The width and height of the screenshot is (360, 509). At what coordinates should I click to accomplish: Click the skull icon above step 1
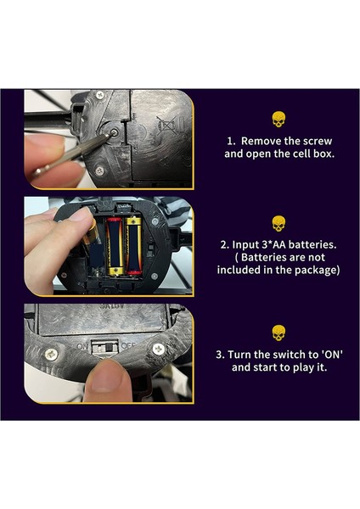coord(278,120)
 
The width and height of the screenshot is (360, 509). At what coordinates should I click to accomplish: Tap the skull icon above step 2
coord(278,224)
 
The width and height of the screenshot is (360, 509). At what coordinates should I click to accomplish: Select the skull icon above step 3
coord(278,333)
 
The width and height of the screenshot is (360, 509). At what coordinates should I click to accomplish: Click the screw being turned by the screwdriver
coord(114,132)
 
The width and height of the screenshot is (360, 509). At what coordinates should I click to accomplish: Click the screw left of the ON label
coord(51,354)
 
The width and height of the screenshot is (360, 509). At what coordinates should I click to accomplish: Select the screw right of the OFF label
coord(159,349)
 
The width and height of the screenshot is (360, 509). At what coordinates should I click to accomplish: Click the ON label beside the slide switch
coord(82,346)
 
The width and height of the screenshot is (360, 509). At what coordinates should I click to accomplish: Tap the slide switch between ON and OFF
coord(104,348)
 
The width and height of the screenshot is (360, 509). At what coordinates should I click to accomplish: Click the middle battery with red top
coord(115,246)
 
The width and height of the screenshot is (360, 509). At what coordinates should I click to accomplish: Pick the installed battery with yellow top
coord(134,246)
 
